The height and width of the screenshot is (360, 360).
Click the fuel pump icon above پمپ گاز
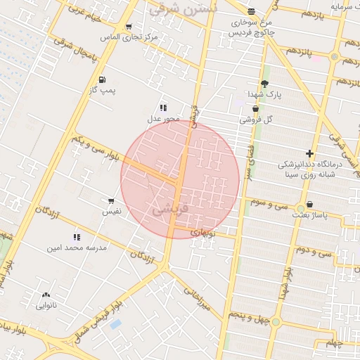tap(103, 79)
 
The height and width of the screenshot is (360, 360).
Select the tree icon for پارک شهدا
tap(264, 84)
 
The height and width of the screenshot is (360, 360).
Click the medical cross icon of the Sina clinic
tap(309, 153)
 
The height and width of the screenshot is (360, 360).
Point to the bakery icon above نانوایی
tap(46, 295)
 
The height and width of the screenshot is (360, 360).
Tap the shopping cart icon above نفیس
tap(111, 201)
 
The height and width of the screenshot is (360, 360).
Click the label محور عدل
tap(163, 119)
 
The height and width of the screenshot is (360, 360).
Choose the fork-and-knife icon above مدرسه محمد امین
tap(76, 237)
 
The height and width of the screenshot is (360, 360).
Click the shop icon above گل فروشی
tap(255, 109)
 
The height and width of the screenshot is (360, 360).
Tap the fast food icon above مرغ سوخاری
tap(252, 11)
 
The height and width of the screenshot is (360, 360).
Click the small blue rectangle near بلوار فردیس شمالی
tap(115, 324)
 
